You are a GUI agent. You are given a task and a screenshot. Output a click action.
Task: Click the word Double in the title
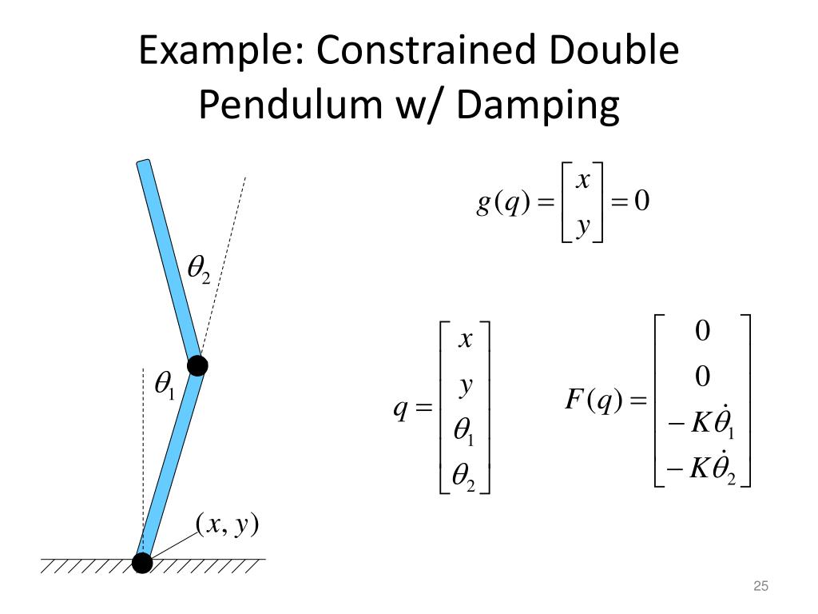(613, 50)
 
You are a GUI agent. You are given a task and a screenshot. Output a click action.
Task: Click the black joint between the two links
(197, 366)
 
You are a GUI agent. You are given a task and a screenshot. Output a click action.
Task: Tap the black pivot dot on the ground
(142, 563)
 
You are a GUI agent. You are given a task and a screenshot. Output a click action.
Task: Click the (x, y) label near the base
(228, 524)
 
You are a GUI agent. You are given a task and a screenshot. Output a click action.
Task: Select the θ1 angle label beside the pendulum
(164, 387)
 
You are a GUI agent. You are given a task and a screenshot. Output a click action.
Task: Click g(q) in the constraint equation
(502, 203)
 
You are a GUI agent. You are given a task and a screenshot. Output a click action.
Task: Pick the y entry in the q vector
(465, 387)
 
